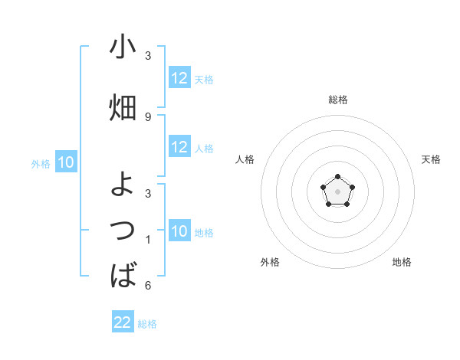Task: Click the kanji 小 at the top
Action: tap(123, 47)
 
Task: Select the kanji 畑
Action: tap(123, 108)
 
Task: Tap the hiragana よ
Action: tap(123, 184)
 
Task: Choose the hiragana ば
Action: tap(123, 274)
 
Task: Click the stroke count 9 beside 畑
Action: tap(148, 116)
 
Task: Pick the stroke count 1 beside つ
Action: tap(148, 240)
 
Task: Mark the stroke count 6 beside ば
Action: tap(148, 286)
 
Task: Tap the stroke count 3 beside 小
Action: tap(148, 56)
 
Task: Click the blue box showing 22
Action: tap(123, 322)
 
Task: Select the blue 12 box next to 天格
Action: tap(179, 78)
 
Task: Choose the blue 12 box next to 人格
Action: tap(179, 147)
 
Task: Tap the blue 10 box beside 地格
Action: tap(179, 231)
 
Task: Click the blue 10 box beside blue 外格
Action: tap(65, 162)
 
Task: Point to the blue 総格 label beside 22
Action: tap(147, 324)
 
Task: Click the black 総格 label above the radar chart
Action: tap(337, 100)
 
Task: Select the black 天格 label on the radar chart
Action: tap(432, 159)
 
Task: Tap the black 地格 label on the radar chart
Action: tap(402, 262)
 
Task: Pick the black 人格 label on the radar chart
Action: tap(245, 159)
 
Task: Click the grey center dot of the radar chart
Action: tap(337, 190)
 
